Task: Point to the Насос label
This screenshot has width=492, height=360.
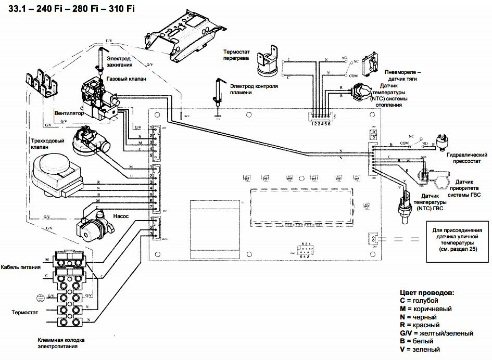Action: click(x=120, y=214)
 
